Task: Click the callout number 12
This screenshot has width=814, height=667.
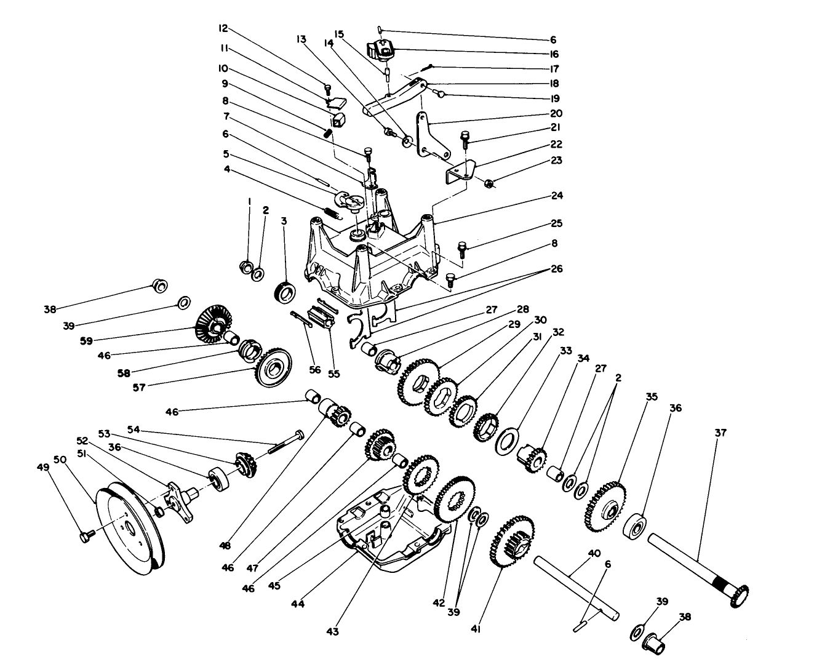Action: tap(223, 28)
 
